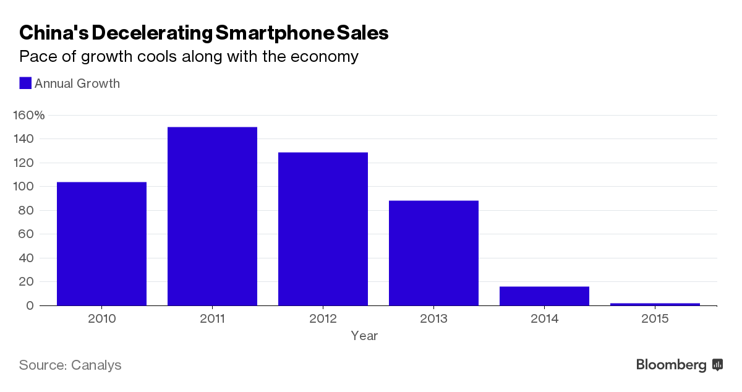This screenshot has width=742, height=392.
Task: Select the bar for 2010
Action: coord(101,244)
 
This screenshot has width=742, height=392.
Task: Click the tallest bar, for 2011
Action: coord(212,216)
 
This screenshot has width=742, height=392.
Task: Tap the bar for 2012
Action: coord(323,229)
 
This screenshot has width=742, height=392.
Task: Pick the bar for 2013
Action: coord(433,253)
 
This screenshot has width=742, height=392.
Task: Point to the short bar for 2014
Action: coord(544,296)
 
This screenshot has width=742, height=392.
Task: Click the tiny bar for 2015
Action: coord(655,304)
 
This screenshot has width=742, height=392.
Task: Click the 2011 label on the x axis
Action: coord(212,319)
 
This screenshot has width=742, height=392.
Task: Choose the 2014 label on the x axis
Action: coord(544,319)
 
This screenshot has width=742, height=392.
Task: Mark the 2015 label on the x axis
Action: coord(655,319)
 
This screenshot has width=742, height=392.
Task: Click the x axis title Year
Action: coord(364,336)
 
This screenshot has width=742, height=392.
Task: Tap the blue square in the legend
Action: coord(25,83)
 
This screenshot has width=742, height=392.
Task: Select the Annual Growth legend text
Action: coord(77,83)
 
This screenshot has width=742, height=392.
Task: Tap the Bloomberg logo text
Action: coord(672,365)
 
